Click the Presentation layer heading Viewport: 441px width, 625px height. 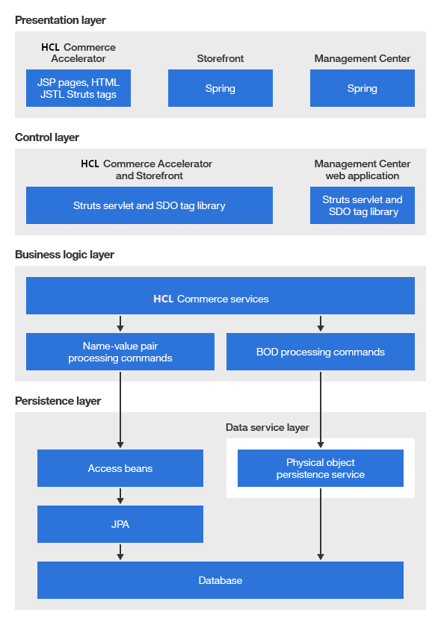point(61,20)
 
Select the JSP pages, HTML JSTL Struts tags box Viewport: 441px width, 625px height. point(78,88)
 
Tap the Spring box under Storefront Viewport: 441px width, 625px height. point(220,88)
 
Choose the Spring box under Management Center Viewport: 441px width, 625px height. point(362,88)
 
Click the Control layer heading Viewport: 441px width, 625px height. point(47,137)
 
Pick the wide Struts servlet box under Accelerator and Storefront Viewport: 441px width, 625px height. point(149,205)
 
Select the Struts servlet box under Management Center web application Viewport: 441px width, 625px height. point(362,205)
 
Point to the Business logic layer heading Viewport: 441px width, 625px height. point(64,255)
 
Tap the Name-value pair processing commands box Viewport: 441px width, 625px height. point(120,352)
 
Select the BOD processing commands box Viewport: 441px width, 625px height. point(320,352)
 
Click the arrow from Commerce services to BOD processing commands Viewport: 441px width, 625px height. point(321,323)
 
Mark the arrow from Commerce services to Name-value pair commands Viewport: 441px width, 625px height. point(120,323)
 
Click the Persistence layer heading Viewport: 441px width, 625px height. point(58,401)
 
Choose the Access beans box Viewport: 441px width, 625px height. point(120,468)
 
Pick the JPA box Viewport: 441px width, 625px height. point(120,524)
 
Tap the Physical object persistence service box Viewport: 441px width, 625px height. point(320,468)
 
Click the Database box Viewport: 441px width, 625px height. point(220,580)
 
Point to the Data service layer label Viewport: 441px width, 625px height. point(267,427)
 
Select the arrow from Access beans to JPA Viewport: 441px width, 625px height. point(120,496)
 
